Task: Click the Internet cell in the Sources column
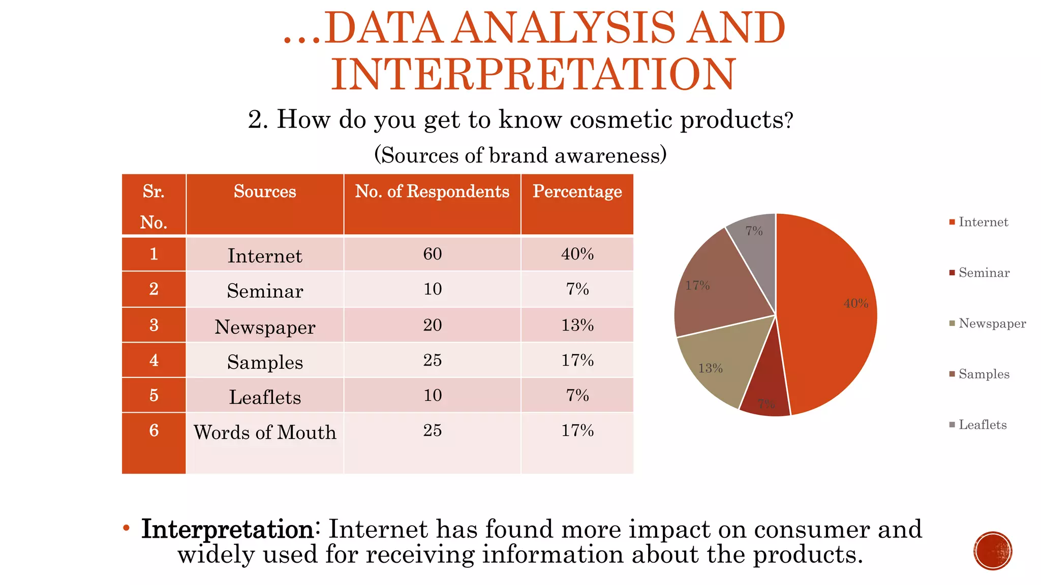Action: [x=265, y=255]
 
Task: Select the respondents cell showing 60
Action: [x=432, y=254]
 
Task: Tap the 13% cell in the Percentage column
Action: [x=577, y=325]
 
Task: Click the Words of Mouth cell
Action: [x=265, y=433]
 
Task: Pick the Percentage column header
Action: [x=577, y=191]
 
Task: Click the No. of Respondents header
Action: [x=432, y=191]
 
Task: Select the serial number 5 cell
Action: [x=154, y=396]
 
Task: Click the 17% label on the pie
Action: [x=697, y=286]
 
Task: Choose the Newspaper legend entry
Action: [x=991, y=323]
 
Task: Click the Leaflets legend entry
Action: [x=982, y=425]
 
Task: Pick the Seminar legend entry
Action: [x=984, y=273]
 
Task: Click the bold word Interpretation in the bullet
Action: [x=227, y=530]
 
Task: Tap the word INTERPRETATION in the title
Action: [x=534, y=75]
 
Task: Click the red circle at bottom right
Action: [x=993, y=551]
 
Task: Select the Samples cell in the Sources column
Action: [x=265, y=362]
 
